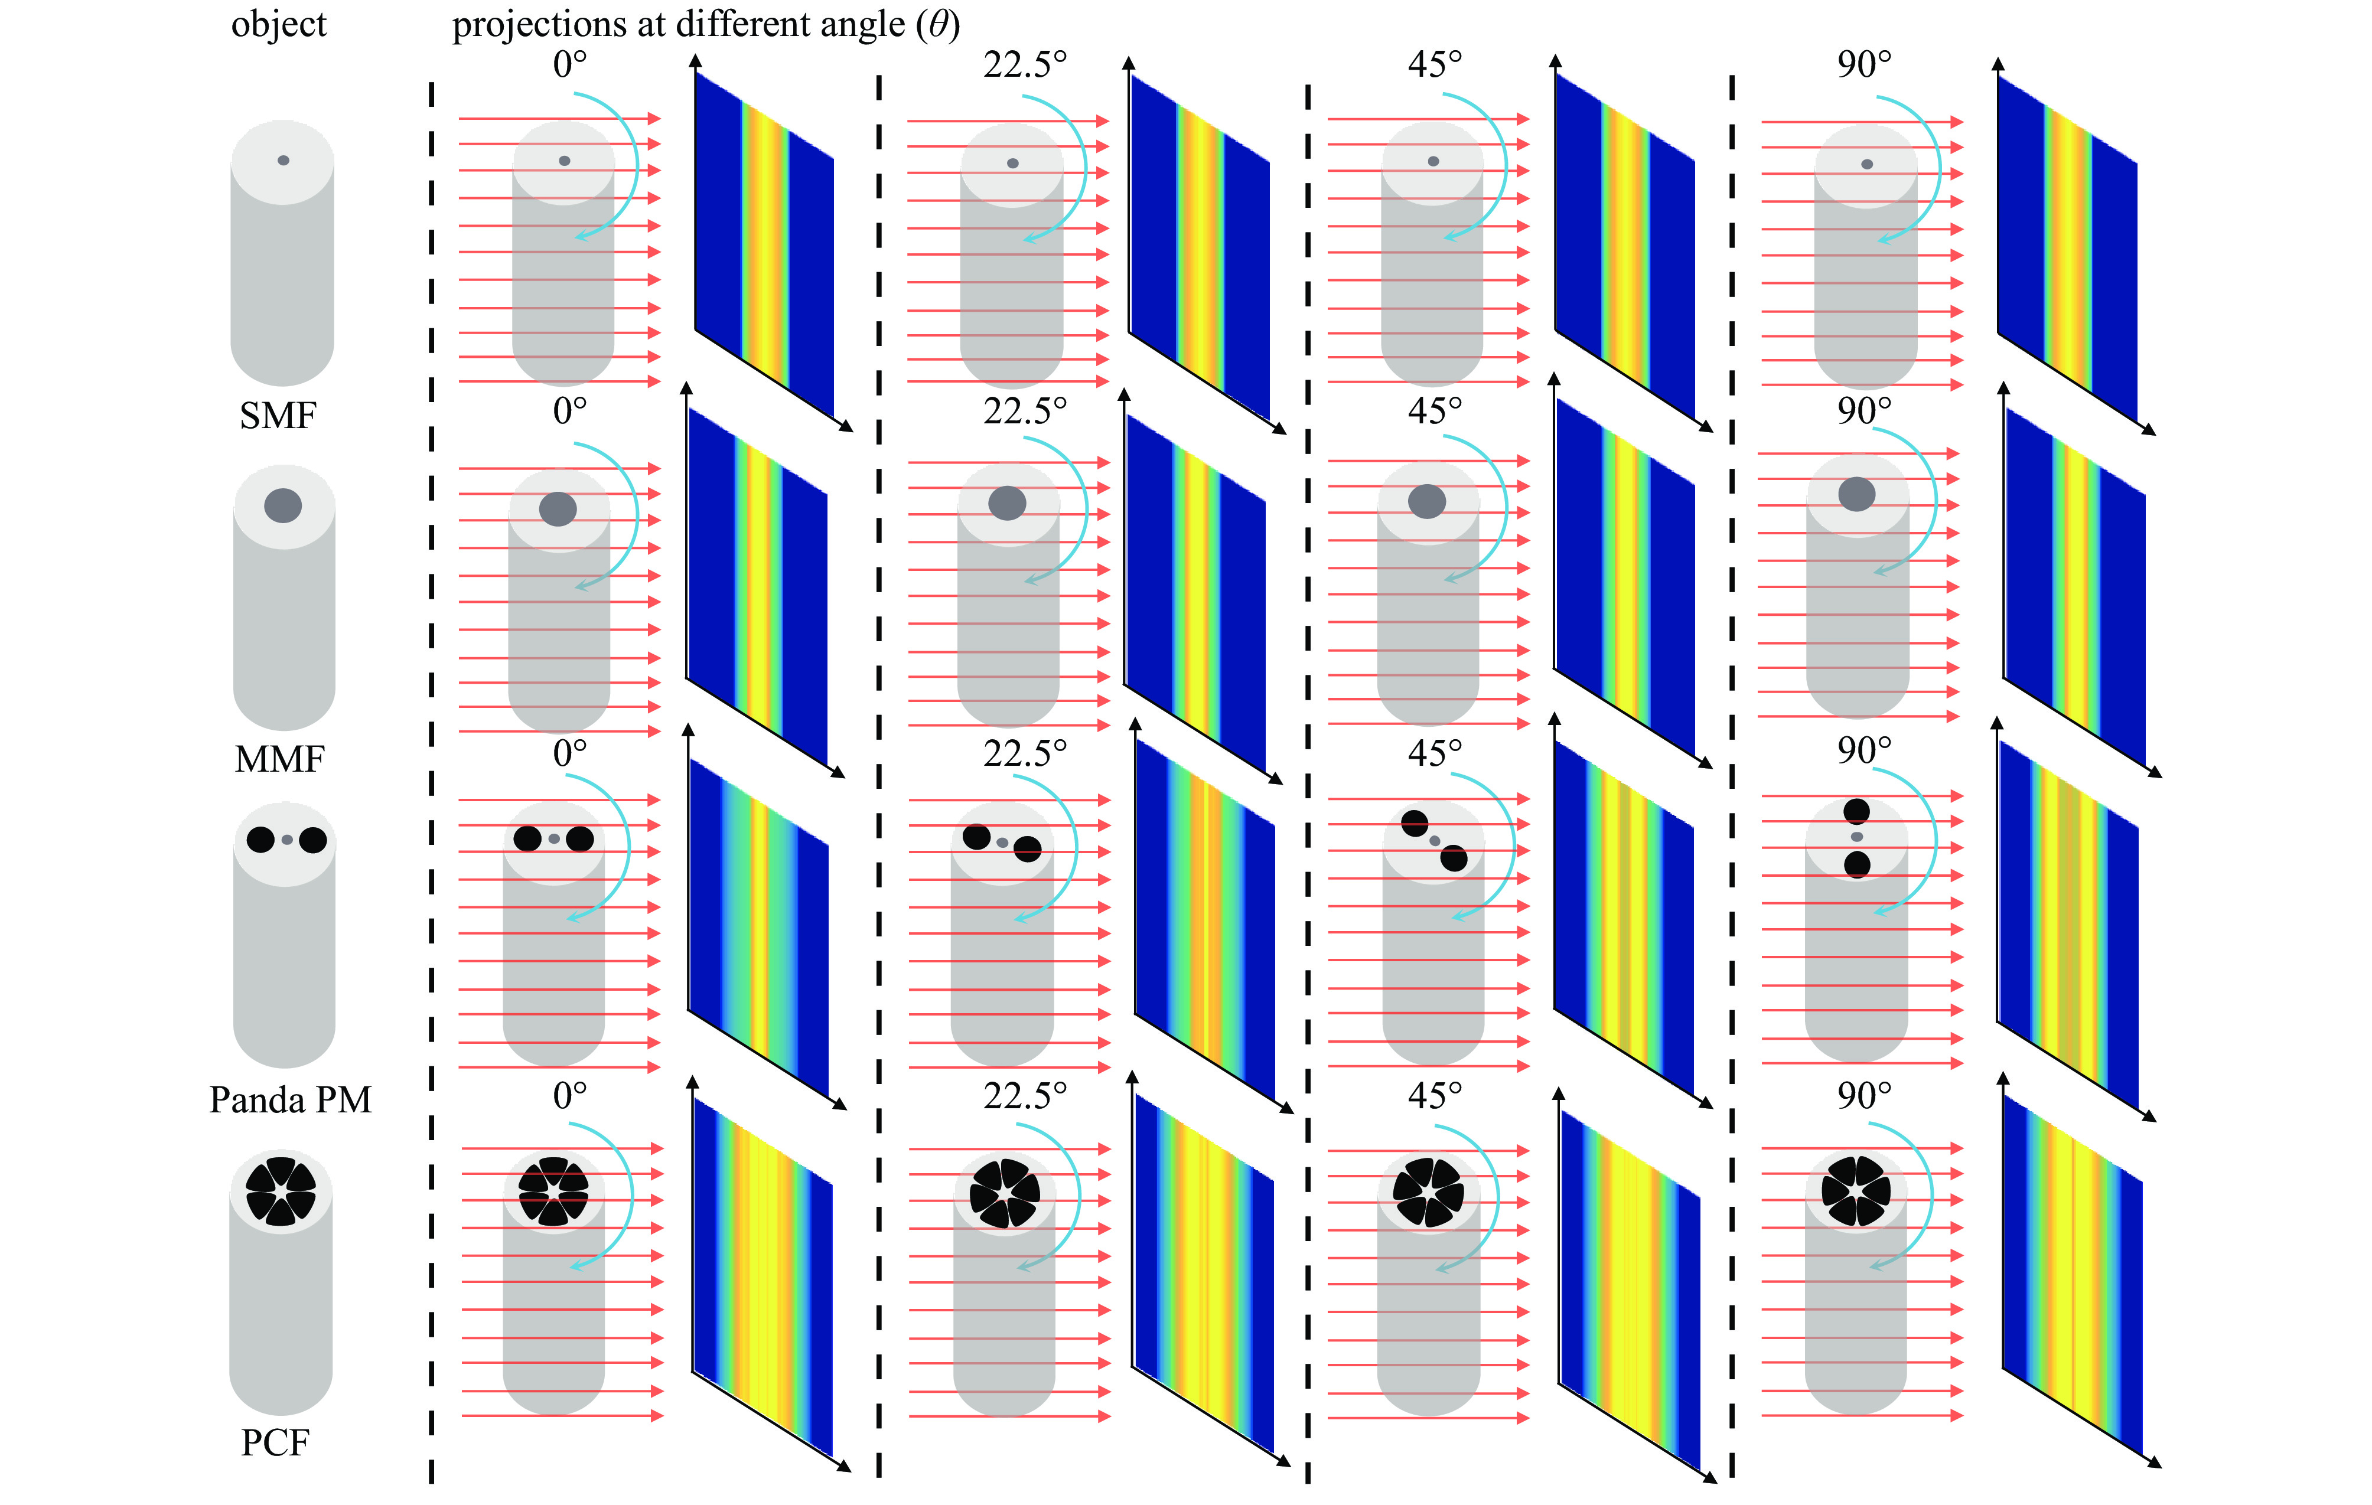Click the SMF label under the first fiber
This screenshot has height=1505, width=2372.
[x=278, y=416]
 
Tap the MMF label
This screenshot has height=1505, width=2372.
[x=280, y=759]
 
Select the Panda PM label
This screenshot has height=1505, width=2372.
[x=291, y=1099]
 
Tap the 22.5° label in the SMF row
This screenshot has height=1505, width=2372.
[x=1024, y=65]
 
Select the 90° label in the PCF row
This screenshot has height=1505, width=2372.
[x=1863, y=1095]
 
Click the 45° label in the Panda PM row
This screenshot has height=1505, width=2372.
[x=1434, y=752]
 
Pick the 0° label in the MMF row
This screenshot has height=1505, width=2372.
[x=569, y=410]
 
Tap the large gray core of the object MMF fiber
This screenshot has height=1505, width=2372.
[x=283, y=505]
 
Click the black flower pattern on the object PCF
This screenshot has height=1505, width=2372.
[x=281, y=1190]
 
